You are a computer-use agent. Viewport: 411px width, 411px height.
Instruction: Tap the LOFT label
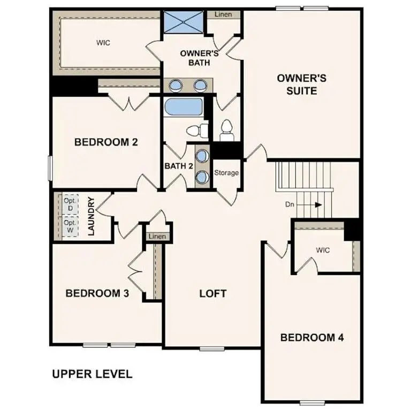(x=212, y=293)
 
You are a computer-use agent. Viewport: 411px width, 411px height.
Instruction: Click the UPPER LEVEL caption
(x=92, y=374)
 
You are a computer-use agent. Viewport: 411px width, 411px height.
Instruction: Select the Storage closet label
(x=226, y=173)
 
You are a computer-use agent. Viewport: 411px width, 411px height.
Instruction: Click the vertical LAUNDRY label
(x=91, y=216)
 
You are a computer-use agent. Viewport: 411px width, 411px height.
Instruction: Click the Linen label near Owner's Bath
(x=223, y=14)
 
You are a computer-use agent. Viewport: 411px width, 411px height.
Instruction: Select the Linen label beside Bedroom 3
(x=157, y=236)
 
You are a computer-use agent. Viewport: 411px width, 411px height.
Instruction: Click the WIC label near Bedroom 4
(x=323, y=249)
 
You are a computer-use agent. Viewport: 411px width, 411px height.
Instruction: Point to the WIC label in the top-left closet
(x=103, y=43)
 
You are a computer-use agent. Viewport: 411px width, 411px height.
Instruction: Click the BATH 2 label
(x=178, y=166)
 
